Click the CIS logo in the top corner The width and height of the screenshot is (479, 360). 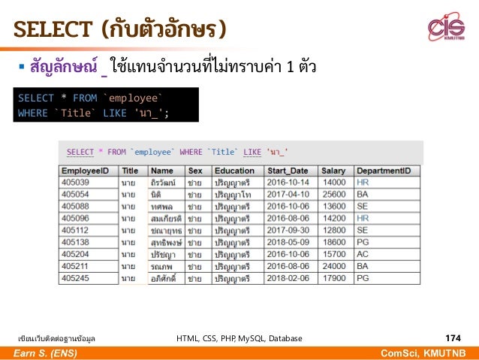click(x=446, y=28)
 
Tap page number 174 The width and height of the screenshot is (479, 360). click(x=453, y=338)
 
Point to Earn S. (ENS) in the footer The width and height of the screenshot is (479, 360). click(x=46, y=353)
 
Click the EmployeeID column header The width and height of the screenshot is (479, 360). click(x=87, y=171)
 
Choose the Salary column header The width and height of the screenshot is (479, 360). click(x=333, y=171)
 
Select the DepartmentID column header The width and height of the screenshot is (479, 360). click(x=383, y=171)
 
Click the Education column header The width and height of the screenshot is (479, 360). click(x=234, y=171)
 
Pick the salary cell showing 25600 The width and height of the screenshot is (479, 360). click(x=334, y=194)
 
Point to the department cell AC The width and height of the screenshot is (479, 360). click(x=362, y=254)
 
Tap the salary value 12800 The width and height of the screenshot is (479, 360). click(x=334, y=230)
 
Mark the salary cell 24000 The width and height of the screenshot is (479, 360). click(x=334, y=266)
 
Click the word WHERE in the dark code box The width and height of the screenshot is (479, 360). click(x=32, y=113)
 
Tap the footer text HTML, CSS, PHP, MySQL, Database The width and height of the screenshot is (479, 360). click(x=239, y=339)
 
